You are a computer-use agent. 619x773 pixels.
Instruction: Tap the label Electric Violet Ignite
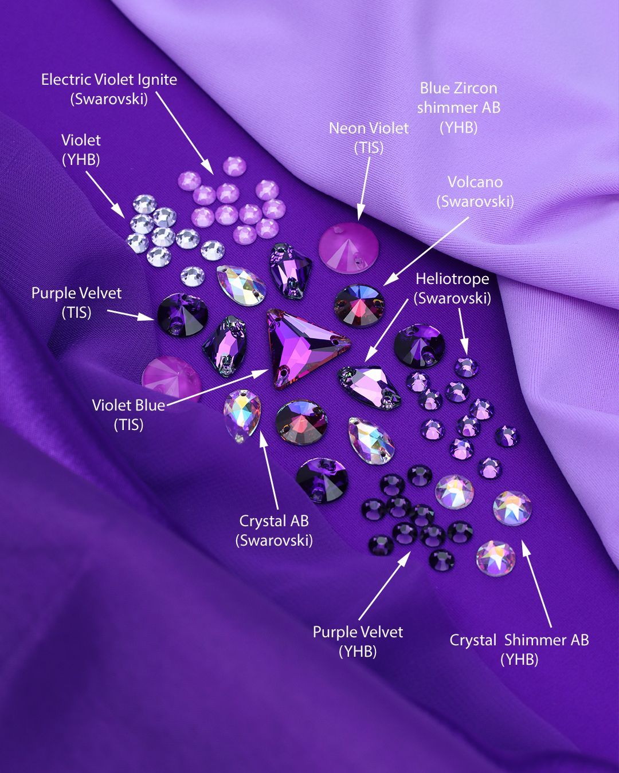[109, 80]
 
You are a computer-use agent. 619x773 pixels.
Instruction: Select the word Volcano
[475, 182]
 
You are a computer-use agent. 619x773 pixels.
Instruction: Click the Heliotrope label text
[452, 279]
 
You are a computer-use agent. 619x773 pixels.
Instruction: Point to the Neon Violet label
[369, 128]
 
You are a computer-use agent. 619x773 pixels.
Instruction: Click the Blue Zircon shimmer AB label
[459, 108]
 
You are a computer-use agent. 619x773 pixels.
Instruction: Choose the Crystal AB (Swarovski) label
[274, 531]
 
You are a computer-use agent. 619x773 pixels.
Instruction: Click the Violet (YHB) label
[81, 150]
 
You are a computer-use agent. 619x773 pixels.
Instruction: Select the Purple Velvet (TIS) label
[77, 303]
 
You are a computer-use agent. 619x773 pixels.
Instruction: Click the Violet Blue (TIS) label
[128, 415]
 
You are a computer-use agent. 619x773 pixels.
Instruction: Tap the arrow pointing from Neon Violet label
[363, 188]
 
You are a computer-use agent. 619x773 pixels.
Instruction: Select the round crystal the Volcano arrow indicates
[359, 306]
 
